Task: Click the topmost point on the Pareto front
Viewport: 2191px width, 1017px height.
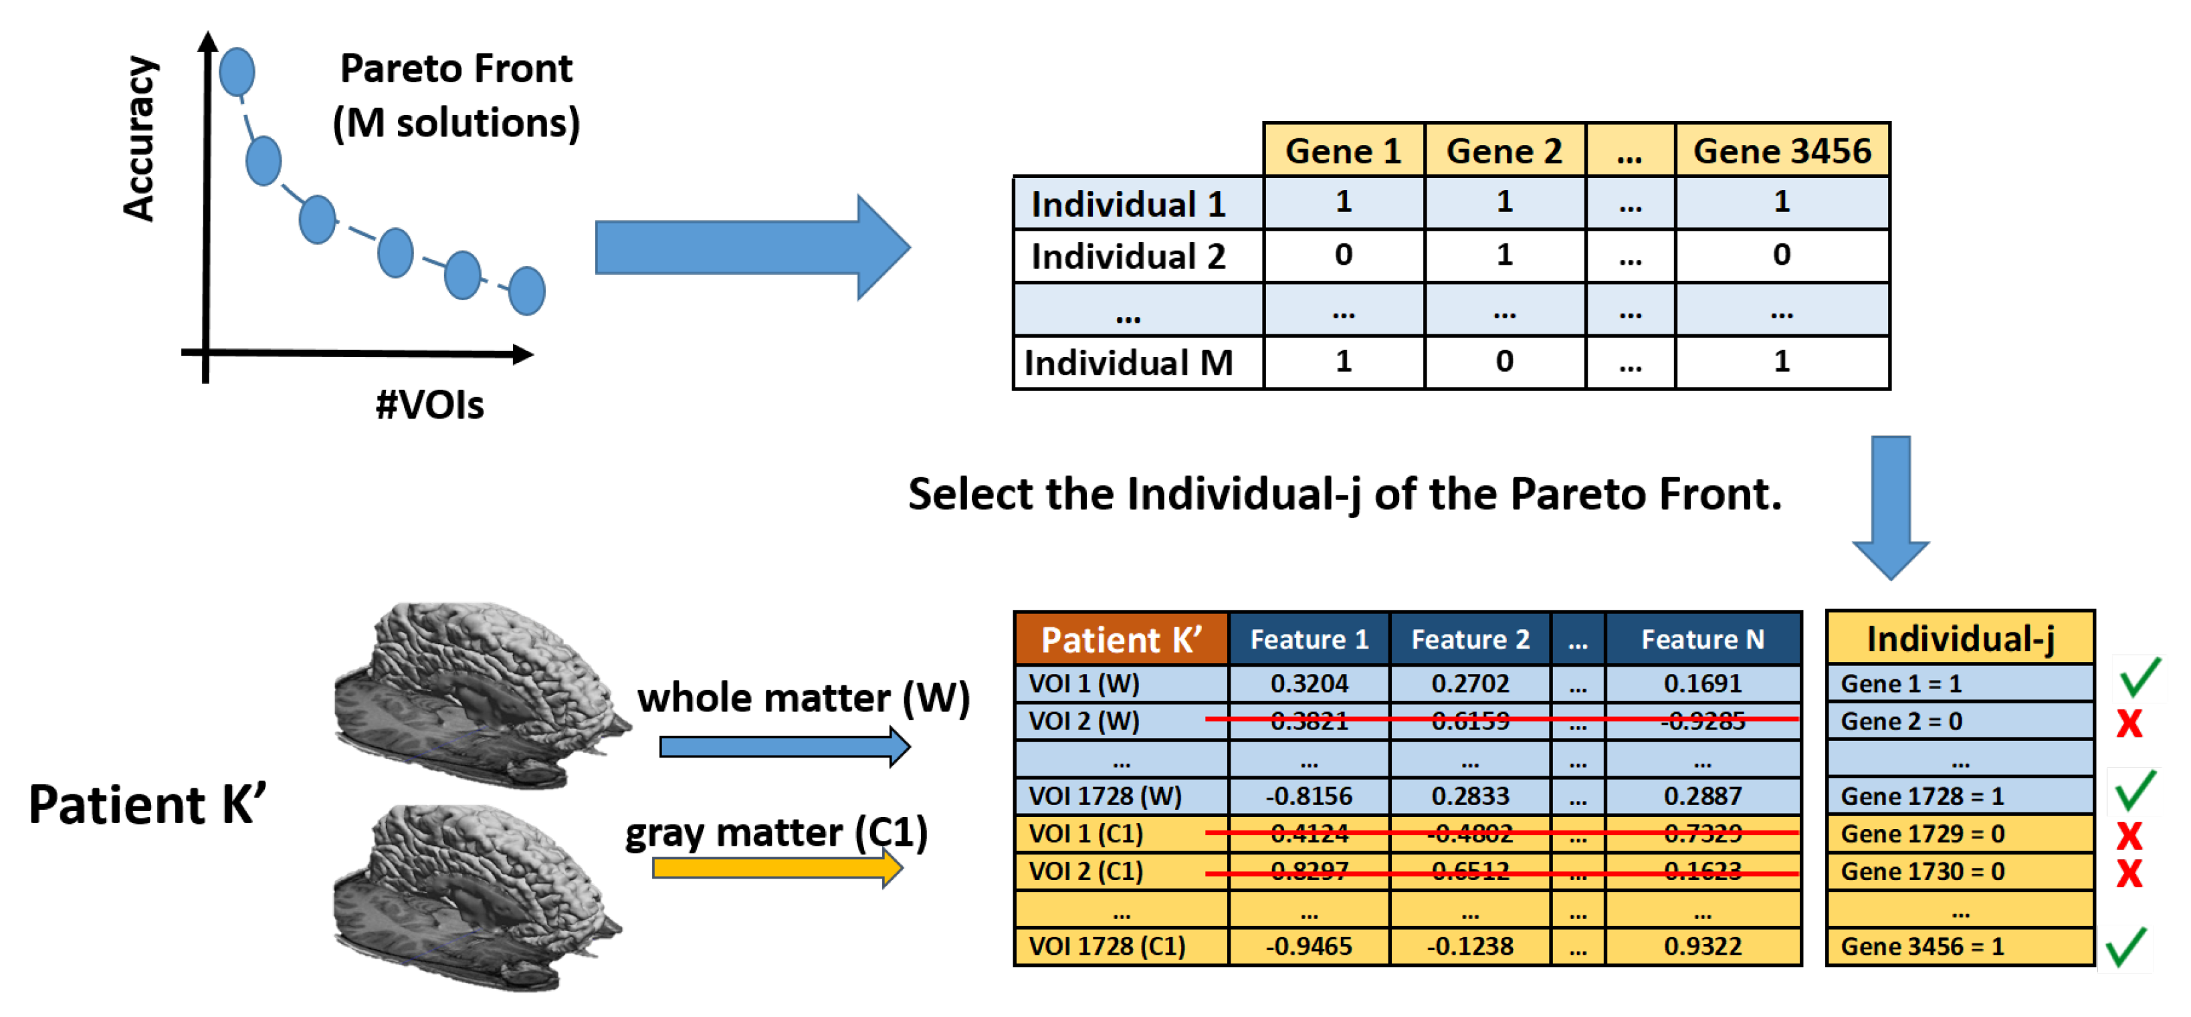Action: [x=237, y=72]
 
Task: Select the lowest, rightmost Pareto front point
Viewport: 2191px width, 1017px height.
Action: [x=526, y=291]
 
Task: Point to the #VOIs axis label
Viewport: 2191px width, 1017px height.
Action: [x=429, y=405]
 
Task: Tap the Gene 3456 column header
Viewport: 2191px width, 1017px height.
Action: [x=1782, y=151]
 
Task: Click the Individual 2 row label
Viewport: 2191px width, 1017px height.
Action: [x=1129, y=257]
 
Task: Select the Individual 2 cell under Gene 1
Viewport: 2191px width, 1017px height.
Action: [x=1343, y=255]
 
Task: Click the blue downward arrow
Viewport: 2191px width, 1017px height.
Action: [x=1891, y=506]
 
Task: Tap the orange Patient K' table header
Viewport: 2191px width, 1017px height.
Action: [x=1121, y=639]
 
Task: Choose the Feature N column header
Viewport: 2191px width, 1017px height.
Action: [x=1702, y=639]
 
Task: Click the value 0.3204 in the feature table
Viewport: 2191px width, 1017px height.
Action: [x=1309, y=683]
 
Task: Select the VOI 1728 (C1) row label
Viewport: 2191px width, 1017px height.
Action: [x=1107, y=946]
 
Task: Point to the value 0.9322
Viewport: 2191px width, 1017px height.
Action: [x=1702, y=946]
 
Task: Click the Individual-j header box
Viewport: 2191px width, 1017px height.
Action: [x=1960, y=639]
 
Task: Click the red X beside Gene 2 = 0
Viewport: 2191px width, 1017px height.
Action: [x=2129, y=723]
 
